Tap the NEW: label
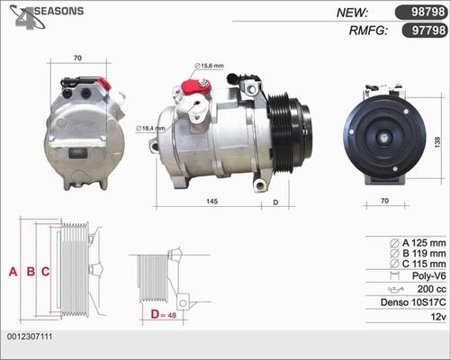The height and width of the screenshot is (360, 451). (352, 12)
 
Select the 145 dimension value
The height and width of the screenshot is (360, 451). (211, 202)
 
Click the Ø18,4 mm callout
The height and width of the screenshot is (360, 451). (149, 129)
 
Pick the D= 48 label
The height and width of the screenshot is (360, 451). (163, 314)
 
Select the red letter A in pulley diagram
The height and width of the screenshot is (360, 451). (13, 271)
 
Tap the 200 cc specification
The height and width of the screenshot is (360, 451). (430, 289)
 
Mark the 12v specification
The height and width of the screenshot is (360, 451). (437, 318)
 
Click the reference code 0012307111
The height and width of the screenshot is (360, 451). (31, 336)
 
